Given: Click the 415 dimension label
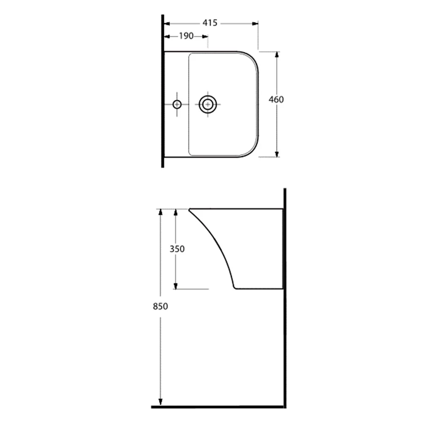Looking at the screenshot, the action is pos(210,23).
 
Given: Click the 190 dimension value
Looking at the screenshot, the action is pos(187,36).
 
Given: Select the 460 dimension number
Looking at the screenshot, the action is pos(276,99).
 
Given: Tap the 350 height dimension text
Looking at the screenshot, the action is pos(177,249).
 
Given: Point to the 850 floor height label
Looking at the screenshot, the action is pos(160,306).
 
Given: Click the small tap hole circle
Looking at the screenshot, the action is pos(177,104).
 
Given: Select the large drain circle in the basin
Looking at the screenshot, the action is pos(208,104).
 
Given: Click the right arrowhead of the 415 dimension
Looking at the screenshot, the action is pos(255,24).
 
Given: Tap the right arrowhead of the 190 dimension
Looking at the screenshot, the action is pos(205,36).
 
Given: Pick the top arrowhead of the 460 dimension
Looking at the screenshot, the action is pos(277,55).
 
